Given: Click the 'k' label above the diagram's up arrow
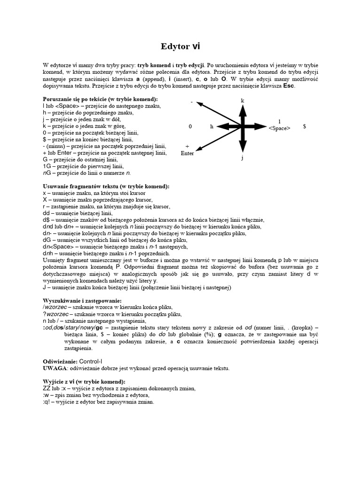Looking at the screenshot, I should click(x=243, y=101).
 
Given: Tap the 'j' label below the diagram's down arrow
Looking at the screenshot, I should click(x=243, y=158).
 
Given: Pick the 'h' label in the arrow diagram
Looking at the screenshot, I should click(x=212, y=127).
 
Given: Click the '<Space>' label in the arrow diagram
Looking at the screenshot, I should click(x=279, y=128).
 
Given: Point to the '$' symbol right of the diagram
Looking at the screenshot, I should click(x=305, y=127).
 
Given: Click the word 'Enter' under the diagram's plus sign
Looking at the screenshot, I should click(x=187, y=153).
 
